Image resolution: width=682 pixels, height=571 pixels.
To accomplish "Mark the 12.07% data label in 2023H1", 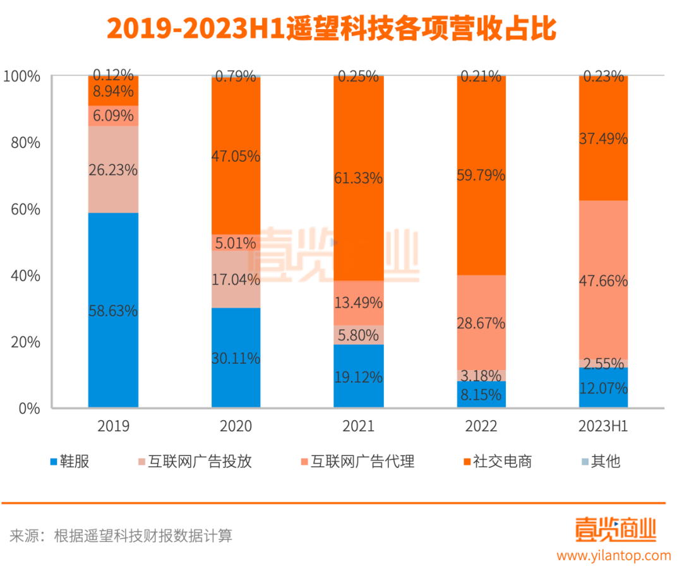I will coord(603,387).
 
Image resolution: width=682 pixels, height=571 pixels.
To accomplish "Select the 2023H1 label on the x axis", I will coord(603,426).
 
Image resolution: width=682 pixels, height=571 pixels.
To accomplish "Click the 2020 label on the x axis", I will coord(236,426).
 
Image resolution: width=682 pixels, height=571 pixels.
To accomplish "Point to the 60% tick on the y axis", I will coord(25,209).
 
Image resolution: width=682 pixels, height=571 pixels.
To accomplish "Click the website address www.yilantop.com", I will coord(613,555).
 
